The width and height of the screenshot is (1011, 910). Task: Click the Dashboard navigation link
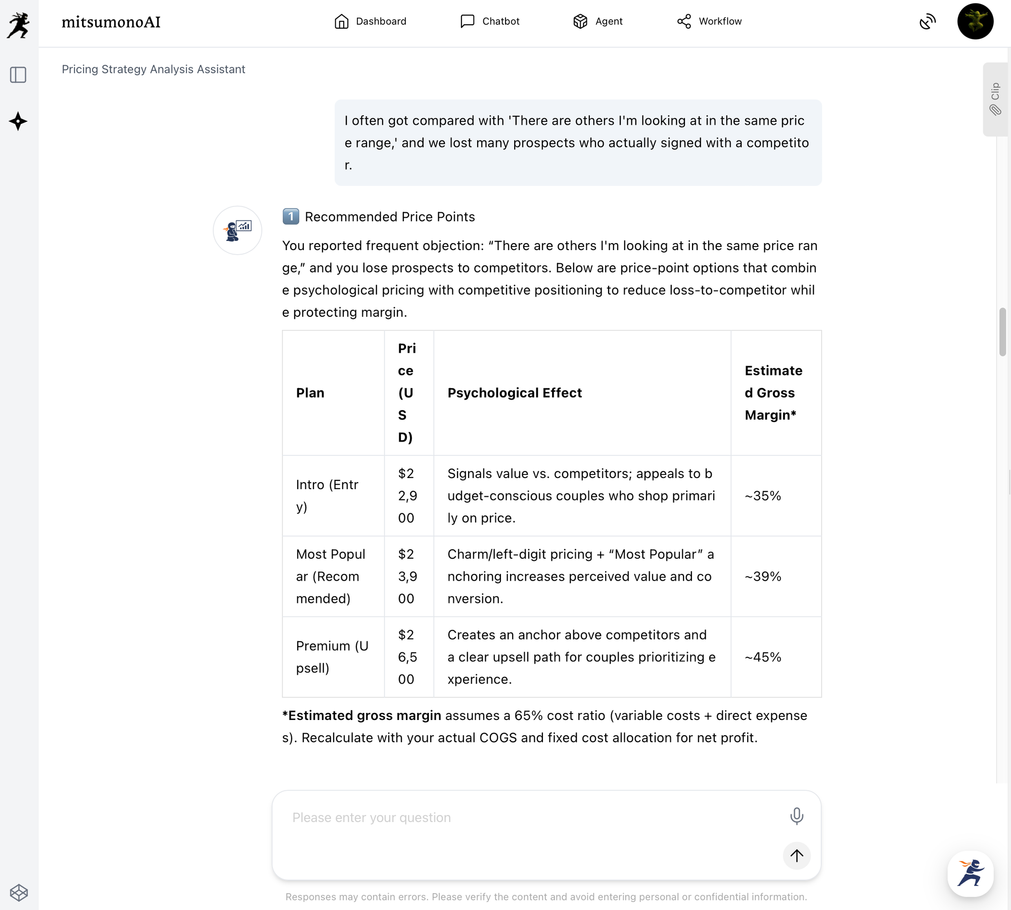370,21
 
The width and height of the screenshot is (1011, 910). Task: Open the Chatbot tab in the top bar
490,21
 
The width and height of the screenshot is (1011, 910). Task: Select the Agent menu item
598,21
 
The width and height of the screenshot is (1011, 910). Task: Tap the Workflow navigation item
709,21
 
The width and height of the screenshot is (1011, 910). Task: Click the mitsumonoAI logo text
111,22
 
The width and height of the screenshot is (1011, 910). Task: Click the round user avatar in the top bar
975,21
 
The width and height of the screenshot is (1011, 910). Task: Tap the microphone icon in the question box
797,816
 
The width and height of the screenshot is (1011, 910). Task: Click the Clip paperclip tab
995,99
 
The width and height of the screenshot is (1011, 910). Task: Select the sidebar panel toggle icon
18,75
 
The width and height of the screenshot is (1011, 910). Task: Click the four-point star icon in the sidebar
18,121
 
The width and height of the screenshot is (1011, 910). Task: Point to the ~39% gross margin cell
763,577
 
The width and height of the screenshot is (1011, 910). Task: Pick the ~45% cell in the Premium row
763,657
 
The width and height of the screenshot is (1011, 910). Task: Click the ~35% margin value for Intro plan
763,496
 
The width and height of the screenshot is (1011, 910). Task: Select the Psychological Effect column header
515,393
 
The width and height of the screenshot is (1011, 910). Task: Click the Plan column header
310,393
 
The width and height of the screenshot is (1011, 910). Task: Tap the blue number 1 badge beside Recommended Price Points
291,217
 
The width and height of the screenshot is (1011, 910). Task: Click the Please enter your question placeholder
372,818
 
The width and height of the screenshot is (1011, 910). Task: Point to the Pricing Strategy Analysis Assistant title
153,69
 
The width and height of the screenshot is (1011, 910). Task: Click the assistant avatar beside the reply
237,230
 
